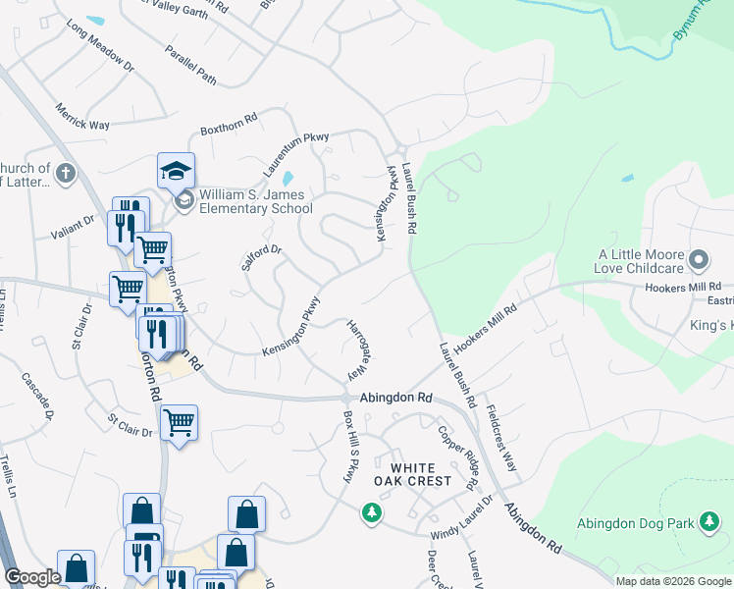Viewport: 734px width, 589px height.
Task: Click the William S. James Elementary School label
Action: [x=255, y=201]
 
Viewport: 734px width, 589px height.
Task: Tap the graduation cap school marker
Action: [x=177, y=171]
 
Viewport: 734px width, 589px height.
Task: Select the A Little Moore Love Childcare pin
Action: [x=699, y=260]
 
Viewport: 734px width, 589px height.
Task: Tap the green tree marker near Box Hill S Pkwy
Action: [x=371, y=511]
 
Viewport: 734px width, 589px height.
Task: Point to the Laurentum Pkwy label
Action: [x=295, y=153]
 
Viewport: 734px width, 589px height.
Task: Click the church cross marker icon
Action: [x=65, y=174]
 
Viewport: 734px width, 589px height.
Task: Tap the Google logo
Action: [x=32, y=577]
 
